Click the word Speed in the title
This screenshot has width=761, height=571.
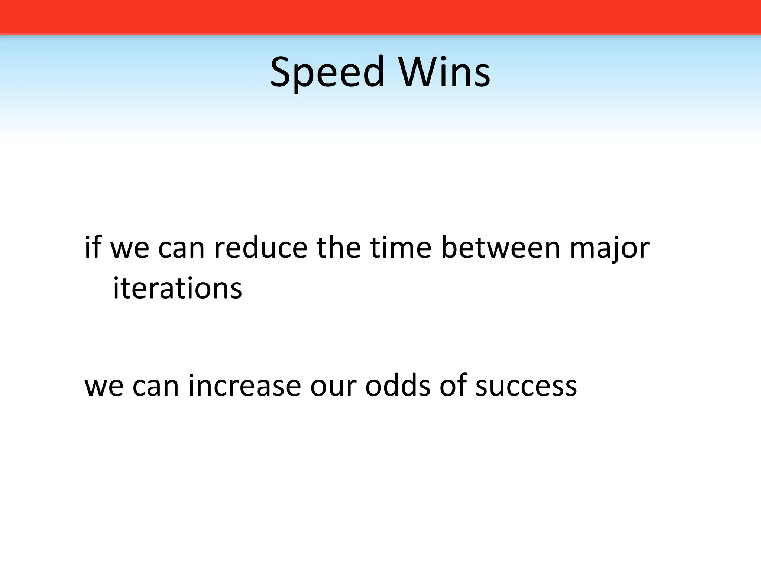327,72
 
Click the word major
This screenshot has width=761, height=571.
610,248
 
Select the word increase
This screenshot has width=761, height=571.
245,385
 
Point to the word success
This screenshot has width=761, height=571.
526,385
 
